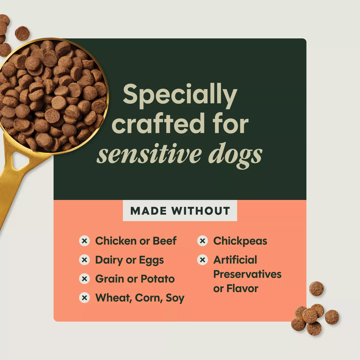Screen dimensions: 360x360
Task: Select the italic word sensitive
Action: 149,154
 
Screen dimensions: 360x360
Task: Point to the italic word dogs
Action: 235,156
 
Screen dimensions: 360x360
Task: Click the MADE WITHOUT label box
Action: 180,211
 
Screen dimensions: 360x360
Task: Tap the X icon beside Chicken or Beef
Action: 84,241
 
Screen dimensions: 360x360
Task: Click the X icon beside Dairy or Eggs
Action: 84,260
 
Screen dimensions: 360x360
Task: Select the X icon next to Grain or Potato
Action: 84,279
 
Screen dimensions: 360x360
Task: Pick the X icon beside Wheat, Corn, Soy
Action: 84,298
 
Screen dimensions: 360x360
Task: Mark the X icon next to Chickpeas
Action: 203,241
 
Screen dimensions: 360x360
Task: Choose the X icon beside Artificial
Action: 203,260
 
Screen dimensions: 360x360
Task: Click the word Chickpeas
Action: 240,241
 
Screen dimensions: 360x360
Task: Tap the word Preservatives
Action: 247,274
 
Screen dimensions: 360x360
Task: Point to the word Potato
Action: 158,279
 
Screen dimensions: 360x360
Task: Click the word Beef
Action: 165,241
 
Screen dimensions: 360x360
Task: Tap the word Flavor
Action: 242,289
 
